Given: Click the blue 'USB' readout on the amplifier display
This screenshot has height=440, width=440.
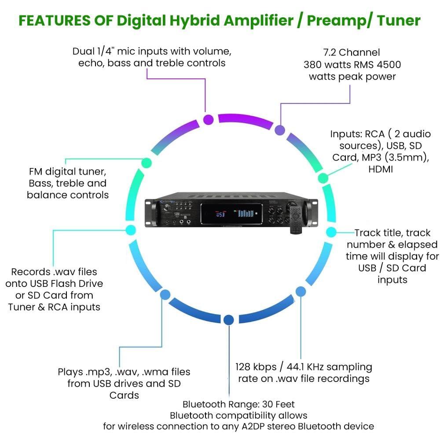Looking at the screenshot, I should click(220, 215).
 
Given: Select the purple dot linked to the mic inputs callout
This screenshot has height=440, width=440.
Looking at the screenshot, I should click(208, 119).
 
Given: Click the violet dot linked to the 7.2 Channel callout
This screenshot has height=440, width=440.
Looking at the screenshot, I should click(279, 130).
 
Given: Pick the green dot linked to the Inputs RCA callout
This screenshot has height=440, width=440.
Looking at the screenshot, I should click(323, 178).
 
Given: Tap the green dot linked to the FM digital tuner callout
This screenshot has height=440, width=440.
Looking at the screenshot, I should click(145, 163).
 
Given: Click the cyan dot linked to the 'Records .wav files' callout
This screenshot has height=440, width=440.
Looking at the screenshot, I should click(131, 230).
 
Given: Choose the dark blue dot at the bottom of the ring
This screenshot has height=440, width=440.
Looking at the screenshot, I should click(228, 320).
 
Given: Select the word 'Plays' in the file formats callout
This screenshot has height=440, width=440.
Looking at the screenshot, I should click(70, 372).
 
